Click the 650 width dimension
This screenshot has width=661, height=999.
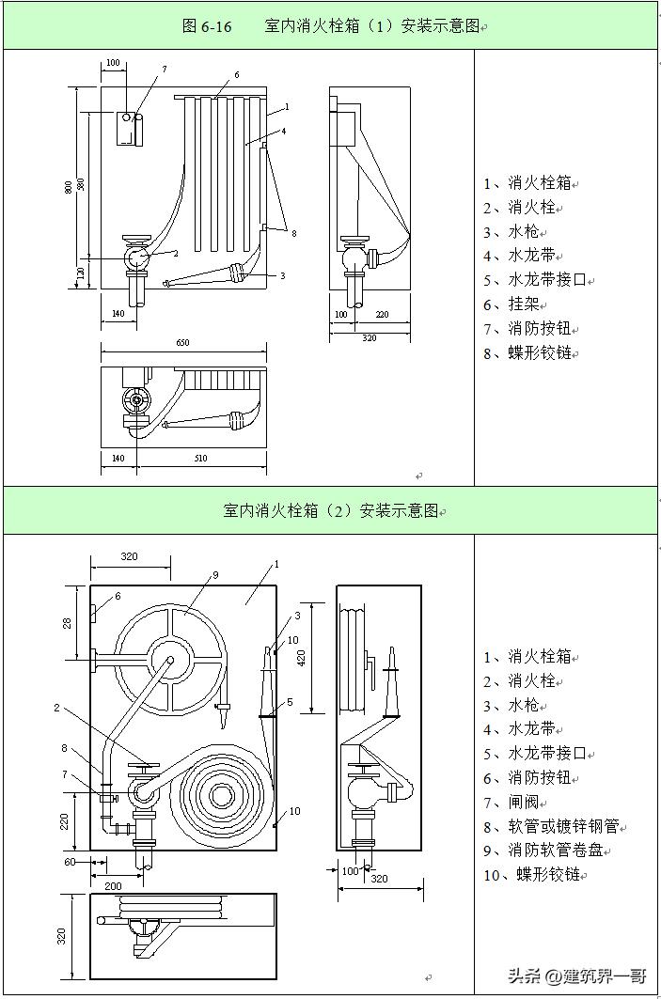(182, 343)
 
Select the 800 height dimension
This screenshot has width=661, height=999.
(68, 186)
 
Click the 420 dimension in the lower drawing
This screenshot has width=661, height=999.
(302, 656)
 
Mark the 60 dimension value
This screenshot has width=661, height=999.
(70, 861)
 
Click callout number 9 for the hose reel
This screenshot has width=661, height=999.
(215, 574)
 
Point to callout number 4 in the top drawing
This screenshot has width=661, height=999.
(283, 132)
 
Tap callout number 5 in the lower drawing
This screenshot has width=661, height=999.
(290, 701)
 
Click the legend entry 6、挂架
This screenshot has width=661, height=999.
(528, 304)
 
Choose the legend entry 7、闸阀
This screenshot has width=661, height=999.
(528, 802)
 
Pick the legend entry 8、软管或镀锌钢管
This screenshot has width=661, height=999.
(556, 826)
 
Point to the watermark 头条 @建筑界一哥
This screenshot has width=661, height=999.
(577, 977)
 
